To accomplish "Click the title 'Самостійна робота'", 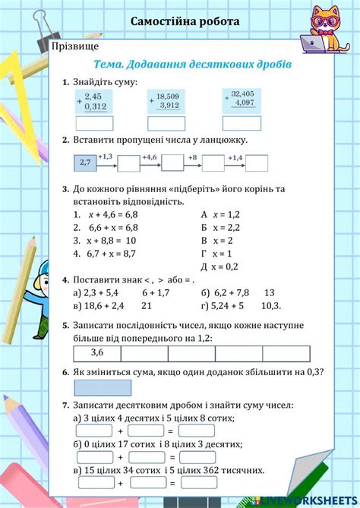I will (185, 21).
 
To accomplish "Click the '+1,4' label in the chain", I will (234, 156).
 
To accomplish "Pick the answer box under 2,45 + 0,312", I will (95, 123).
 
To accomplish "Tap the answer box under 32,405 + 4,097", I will (242, 122).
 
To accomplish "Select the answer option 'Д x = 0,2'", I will (219, 266).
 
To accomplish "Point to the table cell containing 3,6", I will (97, 353).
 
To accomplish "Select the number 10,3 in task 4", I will (271, 305).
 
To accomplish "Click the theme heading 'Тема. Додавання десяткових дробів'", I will (191, 65).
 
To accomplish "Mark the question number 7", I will (66, 406).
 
